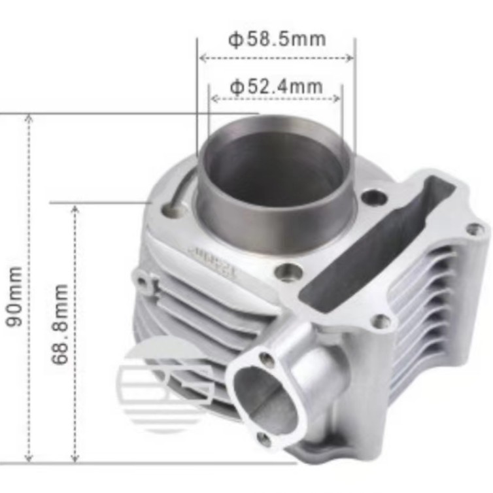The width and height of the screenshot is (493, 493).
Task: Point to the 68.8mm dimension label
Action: coord(61,324)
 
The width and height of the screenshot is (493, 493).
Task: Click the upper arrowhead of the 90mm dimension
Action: coord(28,118)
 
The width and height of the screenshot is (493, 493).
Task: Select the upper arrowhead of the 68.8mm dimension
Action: coord(75,209)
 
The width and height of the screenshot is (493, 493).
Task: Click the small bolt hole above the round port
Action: coord(267,358)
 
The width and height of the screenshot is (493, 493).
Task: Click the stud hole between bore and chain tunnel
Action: coord(373,196)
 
